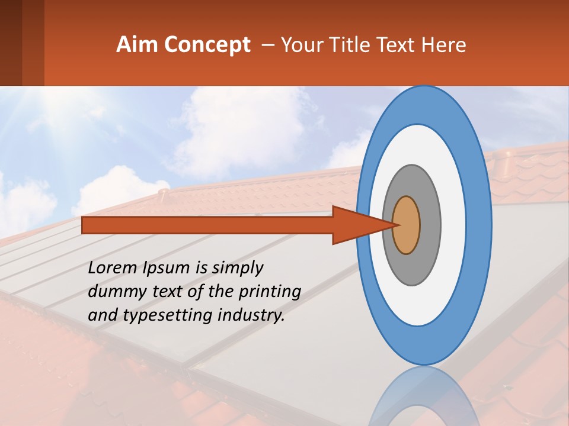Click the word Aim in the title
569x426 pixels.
(x=136, y=44)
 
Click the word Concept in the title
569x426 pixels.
(x=207, y=45)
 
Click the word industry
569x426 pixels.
(x=250, y=315)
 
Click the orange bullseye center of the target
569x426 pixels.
(x=407, y=225)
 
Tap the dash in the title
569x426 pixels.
(x=267, y=45)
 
